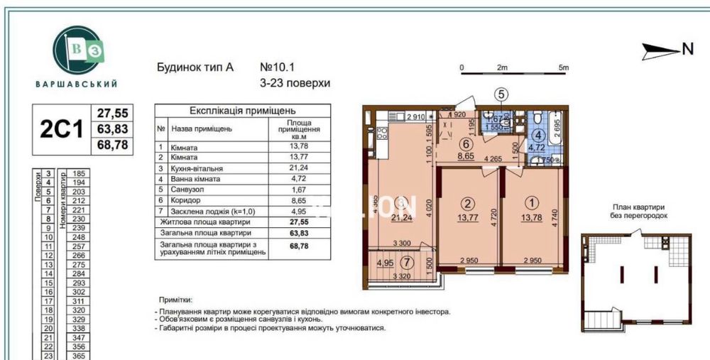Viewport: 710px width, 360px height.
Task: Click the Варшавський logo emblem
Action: pyautogui.click(x=77, y=48)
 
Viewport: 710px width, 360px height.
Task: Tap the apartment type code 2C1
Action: pyautogui.click(x=61, y=130)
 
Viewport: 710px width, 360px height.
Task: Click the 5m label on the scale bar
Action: pyautogui.click(x=564, y=67)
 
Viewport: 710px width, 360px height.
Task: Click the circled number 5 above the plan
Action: pyautogui.click(x=501, y=93)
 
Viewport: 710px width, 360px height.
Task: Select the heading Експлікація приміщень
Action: pyautogui.click(x=243, y=111)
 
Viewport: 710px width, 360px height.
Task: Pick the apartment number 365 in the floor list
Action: pyautogui.click(x=79, y=356)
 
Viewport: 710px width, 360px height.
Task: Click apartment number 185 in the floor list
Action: pyautogui.click(x=79, y=173)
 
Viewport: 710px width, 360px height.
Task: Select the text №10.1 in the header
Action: pyautogui.click(x=277, y=68)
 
